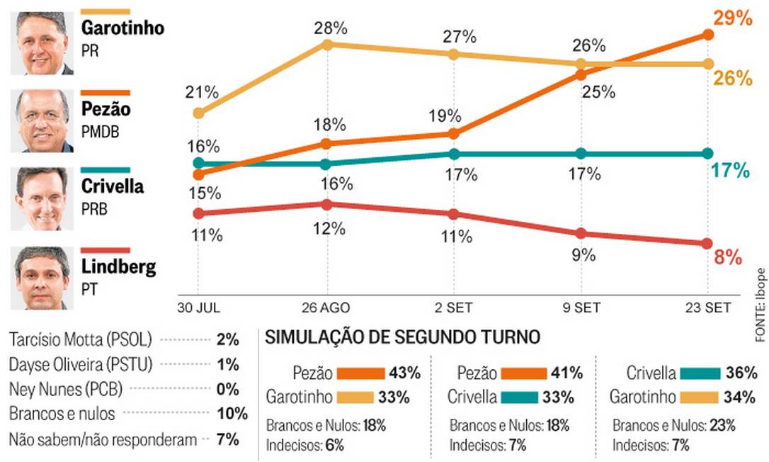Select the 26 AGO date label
point(326,309)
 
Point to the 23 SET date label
point(707,309)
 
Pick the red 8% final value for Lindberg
point(727,257)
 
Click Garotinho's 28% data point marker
point(327,44)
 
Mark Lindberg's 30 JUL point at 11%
point(198,213)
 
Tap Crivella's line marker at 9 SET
point(581,154)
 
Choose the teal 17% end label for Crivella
point(729,171)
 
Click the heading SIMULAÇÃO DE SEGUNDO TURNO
point(402,338)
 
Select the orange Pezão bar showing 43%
point(361,373)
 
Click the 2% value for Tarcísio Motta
point(228,339)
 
